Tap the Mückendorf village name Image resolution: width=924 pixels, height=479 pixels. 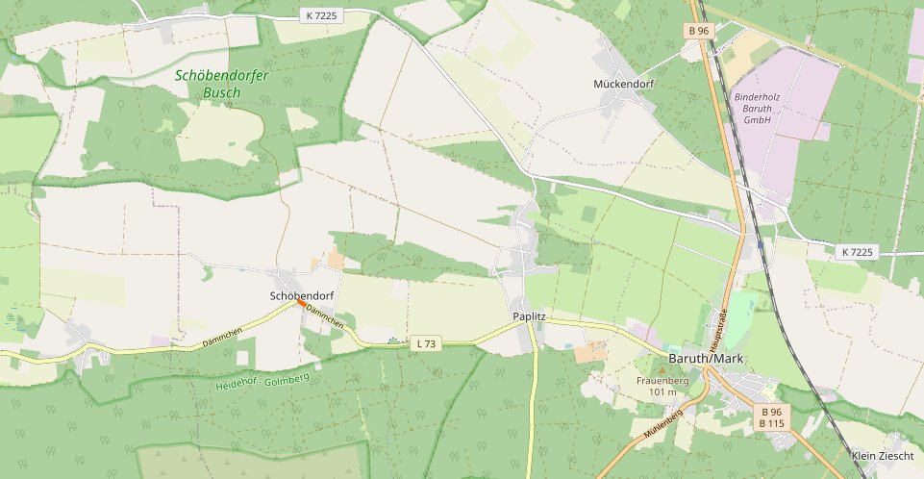624,85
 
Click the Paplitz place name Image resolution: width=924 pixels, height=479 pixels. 529,316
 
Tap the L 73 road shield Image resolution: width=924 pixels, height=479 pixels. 426,343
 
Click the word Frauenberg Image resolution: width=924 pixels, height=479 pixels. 662,380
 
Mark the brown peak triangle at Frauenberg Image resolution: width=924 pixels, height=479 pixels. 662,369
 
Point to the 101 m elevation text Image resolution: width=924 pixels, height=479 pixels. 662,391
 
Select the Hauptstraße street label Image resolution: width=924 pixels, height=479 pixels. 717,328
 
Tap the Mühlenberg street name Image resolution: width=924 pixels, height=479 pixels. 659,424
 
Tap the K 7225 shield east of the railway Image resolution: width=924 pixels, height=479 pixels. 857,252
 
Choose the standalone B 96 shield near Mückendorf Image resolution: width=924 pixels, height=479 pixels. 698,31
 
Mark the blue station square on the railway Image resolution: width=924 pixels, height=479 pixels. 761,244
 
